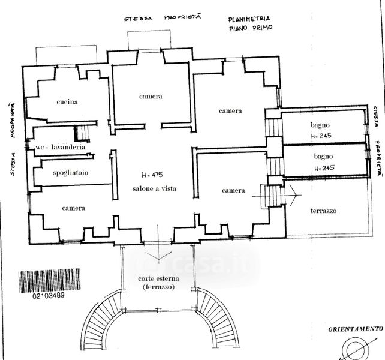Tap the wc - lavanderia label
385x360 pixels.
(x=60, y=147)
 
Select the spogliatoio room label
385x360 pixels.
(x=70, y=173)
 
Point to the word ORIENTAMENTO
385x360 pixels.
(x=355, y=329)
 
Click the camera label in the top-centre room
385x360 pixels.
(x=151, y=97)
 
